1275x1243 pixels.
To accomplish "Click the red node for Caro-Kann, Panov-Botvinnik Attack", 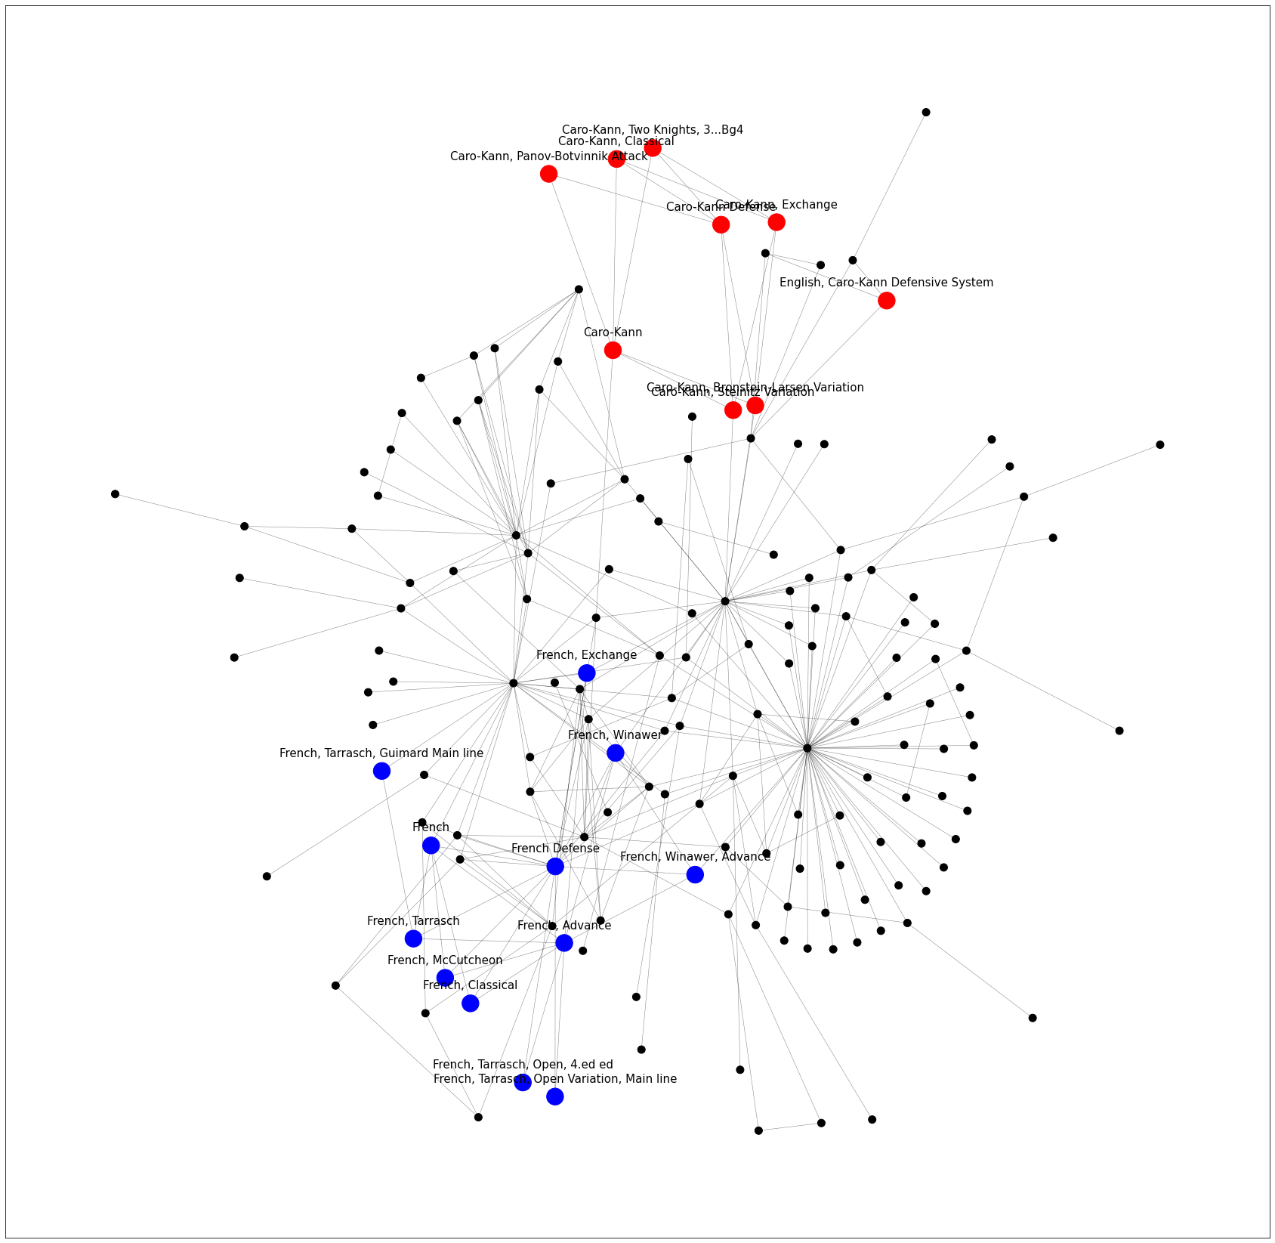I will (x=548, y=174).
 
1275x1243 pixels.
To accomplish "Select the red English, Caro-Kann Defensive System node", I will (x=886, y=301).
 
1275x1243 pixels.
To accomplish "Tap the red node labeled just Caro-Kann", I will (x=613, y=350).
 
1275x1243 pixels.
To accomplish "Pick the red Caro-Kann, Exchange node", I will (x=776, y=222).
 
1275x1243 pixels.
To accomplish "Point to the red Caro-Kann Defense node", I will (x=721, y=224).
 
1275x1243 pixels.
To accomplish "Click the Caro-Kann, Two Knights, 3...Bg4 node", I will (x=653, y=148).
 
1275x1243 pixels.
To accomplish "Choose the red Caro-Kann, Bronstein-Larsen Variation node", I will (x=755, y=406).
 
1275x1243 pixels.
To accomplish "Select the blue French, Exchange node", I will (x=586, y=673).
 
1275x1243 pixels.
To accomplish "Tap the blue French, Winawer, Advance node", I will (x=695, y=874).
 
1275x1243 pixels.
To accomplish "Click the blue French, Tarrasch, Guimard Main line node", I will (x=381, y=771).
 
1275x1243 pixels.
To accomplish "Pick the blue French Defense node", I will (x=555, y=867).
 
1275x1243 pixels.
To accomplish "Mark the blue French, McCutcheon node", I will (x=445, y=978).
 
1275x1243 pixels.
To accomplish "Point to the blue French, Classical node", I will (x=470, y=1003).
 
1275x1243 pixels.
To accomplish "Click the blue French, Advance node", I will (x=563, y=943).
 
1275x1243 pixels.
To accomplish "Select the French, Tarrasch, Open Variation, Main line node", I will (x=554, y=1096).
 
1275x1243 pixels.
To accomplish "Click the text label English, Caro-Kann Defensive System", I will (x=886, y=283).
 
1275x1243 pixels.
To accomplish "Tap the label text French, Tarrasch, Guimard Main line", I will (x=381, y=753).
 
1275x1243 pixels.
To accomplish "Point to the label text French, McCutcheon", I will (x=445, y=960).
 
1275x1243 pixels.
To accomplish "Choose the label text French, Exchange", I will (x=586, y=655).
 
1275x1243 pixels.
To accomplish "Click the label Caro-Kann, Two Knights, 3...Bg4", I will (x=653, y=130).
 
